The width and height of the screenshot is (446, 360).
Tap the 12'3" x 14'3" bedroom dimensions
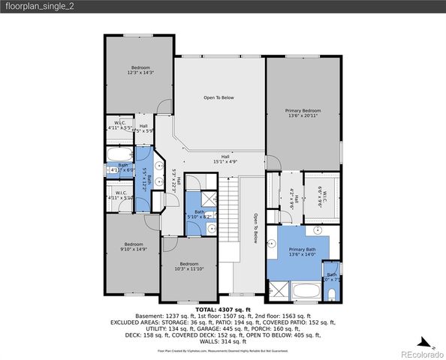coord(140,73)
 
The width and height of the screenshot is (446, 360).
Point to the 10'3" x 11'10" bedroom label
coord(188,266)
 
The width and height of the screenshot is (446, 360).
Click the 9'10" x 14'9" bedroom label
coord(134,247)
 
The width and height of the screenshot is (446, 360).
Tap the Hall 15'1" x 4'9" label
coord(225,158)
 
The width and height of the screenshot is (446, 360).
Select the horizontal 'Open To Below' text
coord(219,97)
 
